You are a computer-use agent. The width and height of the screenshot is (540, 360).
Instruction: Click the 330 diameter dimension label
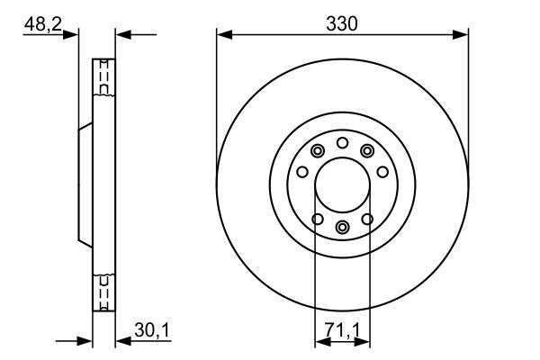click(x=342, y=24)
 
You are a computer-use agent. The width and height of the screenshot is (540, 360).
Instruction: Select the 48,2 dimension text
click(x=42, y=24)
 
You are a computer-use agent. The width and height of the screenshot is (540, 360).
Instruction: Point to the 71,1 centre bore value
click(x=342, y=332)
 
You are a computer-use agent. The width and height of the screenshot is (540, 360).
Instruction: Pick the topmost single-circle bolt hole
click(x=342, y=142)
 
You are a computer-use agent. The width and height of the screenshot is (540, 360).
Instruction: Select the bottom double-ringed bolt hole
click(x=342, y=228)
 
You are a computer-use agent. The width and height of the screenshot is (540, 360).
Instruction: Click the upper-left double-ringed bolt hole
click(x=317, y=151)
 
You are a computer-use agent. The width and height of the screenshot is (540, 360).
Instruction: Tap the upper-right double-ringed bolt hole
click(x=367, y=151)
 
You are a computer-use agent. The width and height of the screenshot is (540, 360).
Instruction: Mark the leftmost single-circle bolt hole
click(x=302, y=172)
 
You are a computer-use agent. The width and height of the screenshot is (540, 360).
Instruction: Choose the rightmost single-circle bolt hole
click(x=382, y=172)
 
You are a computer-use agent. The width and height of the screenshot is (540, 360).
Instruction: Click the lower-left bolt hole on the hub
click(x=316, y=218)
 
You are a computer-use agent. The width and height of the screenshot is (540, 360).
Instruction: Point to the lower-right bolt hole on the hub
click(x=367, y=218)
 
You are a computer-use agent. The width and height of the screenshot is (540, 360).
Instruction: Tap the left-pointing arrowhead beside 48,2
click(x=122, y=35)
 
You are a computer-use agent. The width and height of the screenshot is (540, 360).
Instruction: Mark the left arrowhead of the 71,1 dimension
click(x=319, y=341)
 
